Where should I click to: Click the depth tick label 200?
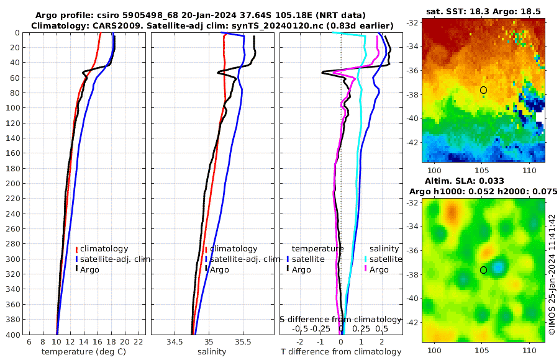13,184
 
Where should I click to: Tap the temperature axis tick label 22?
139,342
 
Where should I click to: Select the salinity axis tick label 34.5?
175,342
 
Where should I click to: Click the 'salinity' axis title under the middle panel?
212,352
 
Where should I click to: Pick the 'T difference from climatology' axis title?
341,352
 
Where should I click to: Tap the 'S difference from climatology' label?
341,318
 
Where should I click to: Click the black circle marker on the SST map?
483,90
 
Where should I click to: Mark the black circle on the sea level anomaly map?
483,270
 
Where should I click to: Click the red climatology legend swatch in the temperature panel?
77,249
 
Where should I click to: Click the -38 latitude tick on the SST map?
412,95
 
